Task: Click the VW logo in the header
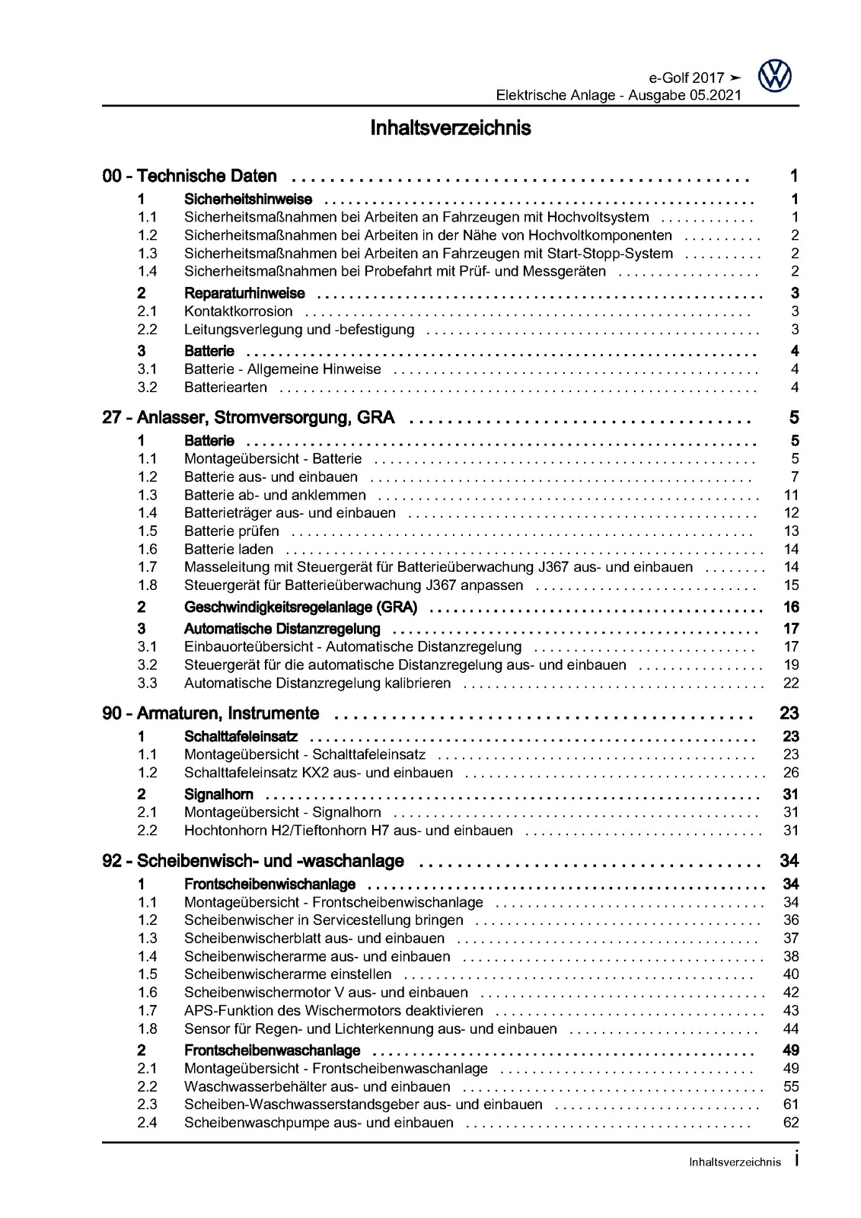click(x=775, y=77)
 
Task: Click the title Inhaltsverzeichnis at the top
click(x=451, y=128)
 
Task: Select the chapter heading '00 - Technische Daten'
click(x=190, y=177)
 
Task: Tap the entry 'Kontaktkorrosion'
click(x=238, y=311)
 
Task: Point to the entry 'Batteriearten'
click(x=225, y=387)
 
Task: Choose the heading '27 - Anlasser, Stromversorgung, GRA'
click(x=254, y=417)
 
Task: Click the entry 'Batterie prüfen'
click(x=231, y=531)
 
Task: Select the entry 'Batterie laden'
click(x=228, y=550)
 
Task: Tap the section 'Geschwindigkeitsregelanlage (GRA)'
click(x=301, y=607)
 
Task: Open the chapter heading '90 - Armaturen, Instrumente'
click(x=211, y=713)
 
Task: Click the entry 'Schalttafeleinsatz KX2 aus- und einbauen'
click(x=318, y=773)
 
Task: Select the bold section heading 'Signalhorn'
click(x=208, y=795)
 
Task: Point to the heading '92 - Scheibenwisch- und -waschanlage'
click(x=253, y=861)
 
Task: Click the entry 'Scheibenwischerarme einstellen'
click(x=288, y=974)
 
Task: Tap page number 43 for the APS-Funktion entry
click(x=790, y=1011)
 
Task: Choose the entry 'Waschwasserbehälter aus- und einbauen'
click(x=317, y=1087)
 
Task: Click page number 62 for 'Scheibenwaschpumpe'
click(x=790, y=1123)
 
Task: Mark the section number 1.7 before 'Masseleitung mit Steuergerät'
click(x=147, y=567)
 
